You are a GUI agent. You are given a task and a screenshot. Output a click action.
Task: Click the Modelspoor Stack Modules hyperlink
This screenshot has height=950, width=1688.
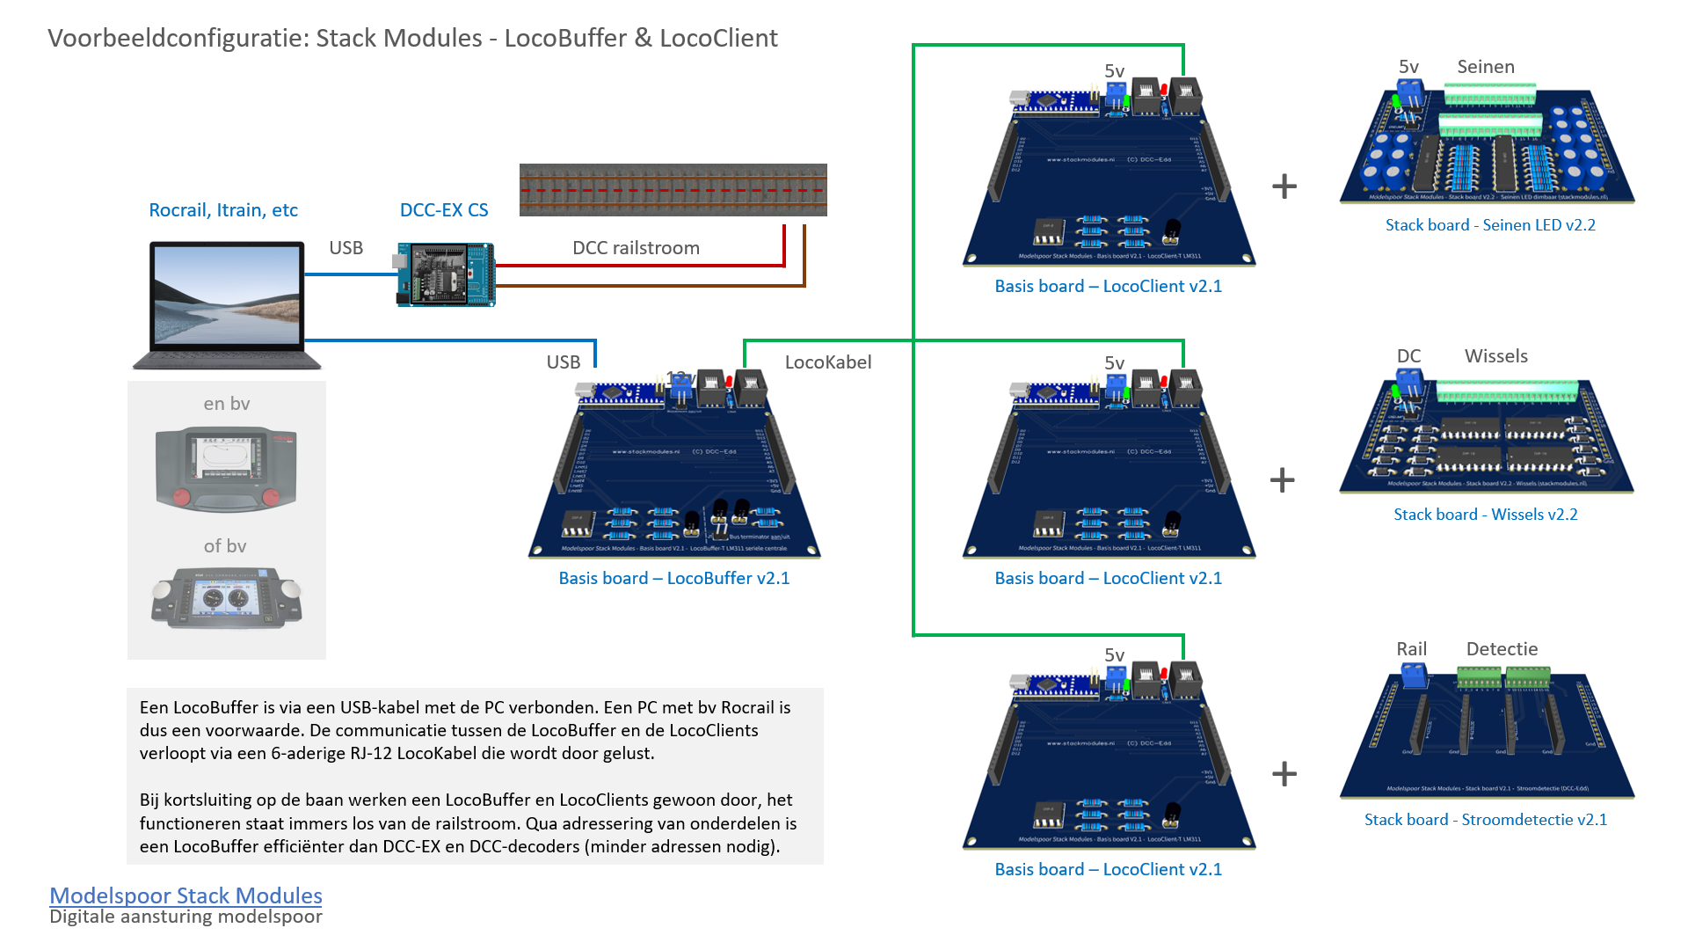186,895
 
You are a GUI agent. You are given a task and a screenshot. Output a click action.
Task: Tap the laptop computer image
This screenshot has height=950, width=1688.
227,304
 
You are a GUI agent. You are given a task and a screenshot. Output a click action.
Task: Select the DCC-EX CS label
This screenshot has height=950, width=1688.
444,210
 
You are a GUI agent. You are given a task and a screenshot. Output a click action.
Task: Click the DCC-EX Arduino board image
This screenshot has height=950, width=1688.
447,274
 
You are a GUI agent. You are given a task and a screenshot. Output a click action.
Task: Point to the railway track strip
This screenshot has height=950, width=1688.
673,190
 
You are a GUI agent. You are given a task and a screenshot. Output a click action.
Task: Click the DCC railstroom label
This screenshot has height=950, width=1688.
636,248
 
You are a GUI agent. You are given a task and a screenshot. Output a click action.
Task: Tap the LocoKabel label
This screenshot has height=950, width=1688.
828,362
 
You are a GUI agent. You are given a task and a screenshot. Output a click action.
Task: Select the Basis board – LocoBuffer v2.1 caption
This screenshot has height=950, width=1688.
674,578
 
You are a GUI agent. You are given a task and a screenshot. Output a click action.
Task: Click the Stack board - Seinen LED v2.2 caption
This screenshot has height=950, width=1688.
1490,225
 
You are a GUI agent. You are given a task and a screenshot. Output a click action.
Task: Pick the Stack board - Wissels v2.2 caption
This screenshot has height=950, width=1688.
1486,515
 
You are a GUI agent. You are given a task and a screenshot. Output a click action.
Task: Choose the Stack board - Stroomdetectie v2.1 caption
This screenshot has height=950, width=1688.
1486,820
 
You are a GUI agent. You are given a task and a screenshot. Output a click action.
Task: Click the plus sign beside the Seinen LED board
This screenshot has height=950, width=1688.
1284,186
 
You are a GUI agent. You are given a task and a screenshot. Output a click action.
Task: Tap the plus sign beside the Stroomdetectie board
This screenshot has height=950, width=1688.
1284,774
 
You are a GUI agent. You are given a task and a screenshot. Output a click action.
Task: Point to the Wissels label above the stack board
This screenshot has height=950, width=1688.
1496,356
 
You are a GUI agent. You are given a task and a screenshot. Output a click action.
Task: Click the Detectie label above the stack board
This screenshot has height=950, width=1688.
1502,649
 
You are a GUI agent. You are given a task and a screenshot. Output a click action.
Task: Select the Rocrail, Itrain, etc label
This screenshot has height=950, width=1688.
223,210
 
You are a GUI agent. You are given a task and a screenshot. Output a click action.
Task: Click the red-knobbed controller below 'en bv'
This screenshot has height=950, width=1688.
226,468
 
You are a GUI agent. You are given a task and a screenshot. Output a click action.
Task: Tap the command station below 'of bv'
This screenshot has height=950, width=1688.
226,597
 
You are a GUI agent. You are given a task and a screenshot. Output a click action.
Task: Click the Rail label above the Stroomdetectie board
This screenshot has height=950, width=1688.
1411,649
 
